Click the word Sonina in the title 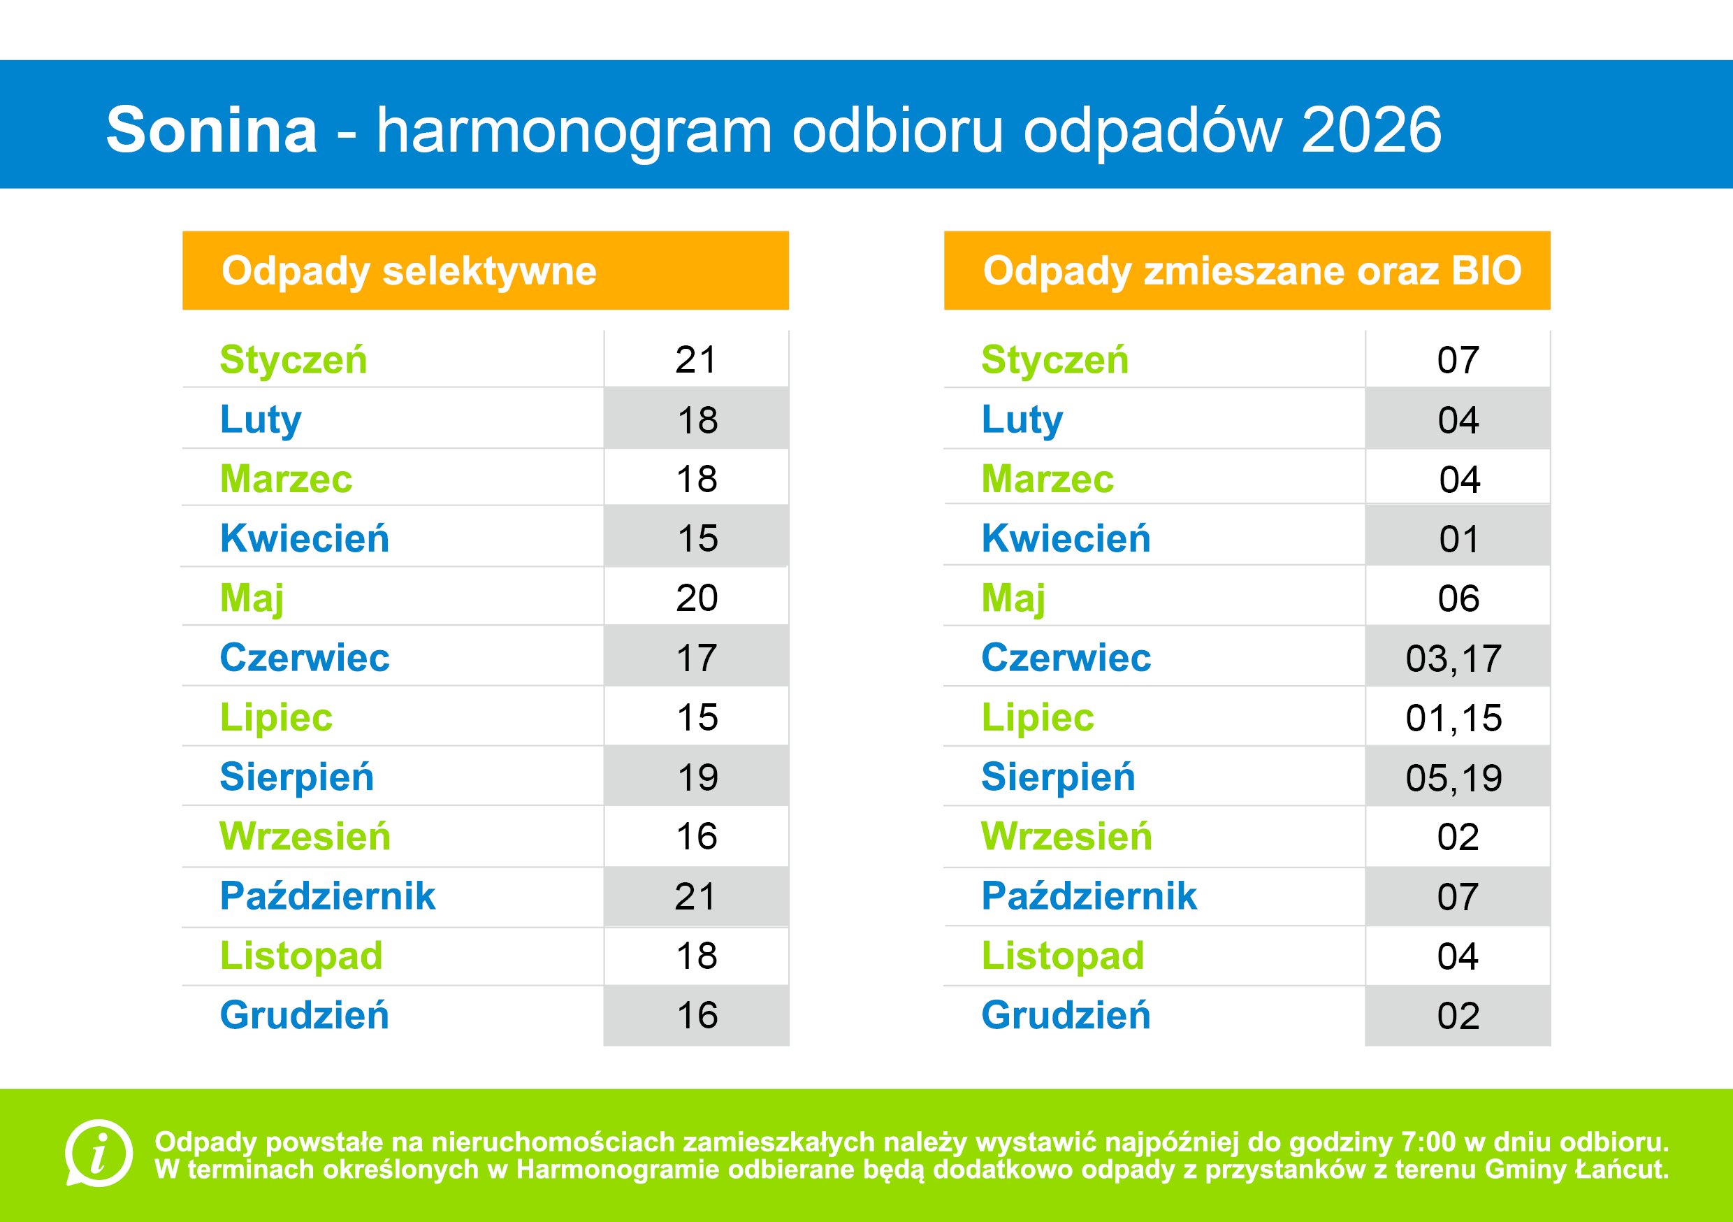click(211, 130)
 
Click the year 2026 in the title click(1371, 130)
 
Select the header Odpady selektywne click(408, 271)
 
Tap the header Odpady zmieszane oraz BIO click(1252, 271)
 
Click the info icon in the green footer click(99, 1153)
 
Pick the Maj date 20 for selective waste click(696, 598)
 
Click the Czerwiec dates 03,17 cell click(1453, 659)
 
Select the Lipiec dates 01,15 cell click(1453, 718)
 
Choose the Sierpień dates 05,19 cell click(1453, 778)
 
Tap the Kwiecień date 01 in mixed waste click(1458, 539)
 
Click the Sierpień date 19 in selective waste click(697, 778)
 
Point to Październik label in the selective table click(328, 896)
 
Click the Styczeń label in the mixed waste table click(1054, 359)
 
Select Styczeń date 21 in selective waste click(695, 359)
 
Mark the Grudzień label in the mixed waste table click(1066, 1015)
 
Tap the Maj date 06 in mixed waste click(1458, 599)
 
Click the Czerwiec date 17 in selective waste click(696, 659)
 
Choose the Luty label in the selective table click(261, 420)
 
